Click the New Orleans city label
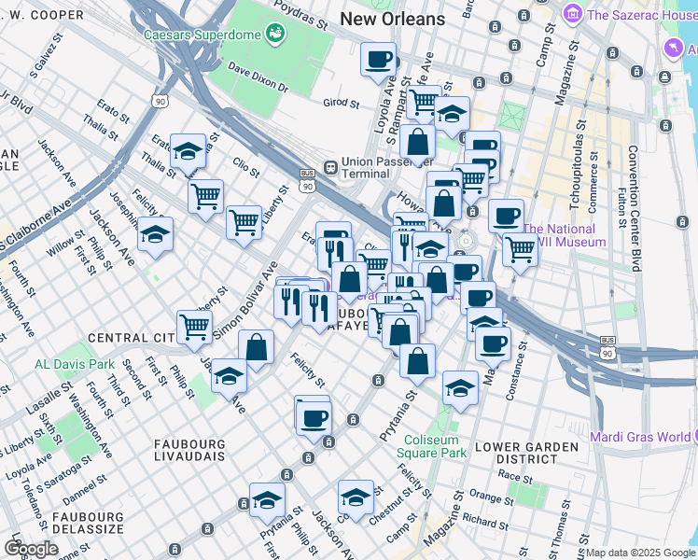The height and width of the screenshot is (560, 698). [x=393, y=18]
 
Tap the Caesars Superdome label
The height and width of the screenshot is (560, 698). [x=201, y=35]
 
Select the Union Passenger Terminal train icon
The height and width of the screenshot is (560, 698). [x=330, y=166]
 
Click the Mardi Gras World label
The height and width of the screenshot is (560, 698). [x=640, y=437]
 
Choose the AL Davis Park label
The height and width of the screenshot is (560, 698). [x=74, y=363]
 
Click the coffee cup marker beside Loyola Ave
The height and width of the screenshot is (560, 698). [x=378, y=60]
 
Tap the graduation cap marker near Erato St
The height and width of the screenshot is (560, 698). [x=188, y=150]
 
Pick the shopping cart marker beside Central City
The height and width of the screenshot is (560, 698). [x=194, y=327]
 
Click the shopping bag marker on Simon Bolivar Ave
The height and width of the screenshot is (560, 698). [x=256, y=347]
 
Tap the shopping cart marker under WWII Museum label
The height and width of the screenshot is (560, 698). [x=520, y=248]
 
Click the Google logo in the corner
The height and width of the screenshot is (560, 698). [x=30, y=549]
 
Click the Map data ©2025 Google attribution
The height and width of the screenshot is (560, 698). [x=640, y=553]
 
